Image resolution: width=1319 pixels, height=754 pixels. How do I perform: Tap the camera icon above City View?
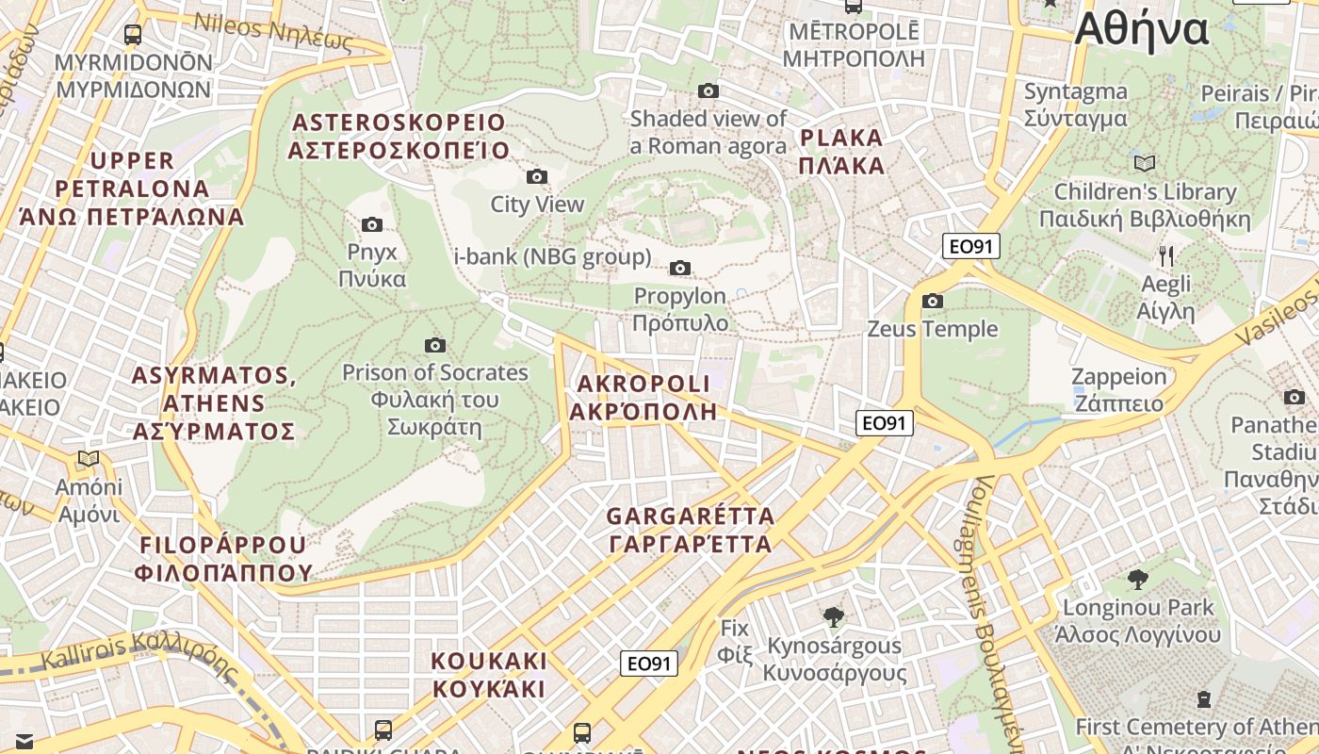(x=537, y=176)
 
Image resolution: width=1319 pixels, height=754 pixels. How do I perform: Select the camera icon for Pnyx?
(x=372, y=224)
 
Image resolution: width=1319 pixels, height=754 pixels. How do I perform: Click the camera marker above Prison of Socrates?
(x=434, y=345)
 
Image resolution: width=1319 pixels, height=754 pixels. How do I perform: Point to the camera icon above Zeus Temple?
(x=933, y=302)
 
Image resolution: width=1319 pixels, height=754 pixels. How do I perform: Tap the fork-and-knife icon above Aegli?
(x=1166, y=255)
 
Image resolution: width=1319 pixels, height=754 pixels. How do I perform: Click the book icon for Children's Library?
(x=1145, y=163)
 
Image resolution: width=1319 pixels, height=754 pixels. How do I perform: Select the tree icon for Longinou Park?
(x=1137, y=579)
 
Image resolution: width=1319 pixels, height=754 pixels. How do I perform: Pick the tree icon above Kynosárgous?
(x=833, y=617)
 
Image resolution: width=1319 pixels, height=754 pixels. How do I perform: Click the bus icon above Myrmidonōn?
(x=133, y=35)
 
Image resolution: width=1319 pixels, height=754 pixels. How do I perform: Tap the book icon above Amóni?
(x=89, y=459)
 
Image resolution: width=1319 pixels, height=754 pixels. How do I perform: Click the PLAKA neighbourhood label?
(x=841, y=152)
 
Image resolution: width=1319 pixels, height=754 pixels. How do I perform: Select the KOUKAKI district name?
(x=489, y=674)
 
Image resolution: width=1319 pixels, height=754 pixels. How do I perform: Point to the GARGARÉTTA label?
(x=691, y=530)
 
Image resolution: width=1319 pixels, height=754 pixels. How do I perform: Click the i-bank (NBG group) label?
(x=552, y=256)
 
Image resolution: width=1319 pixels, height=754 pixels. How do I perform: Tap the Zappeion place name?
(x=1118, y=389)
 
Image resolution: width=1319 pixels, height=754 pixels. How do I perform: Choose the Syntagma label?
(x=1075, y=105)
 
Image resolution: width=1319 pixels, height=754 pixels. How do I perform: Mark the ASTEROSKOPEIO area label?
(x=399, y=137)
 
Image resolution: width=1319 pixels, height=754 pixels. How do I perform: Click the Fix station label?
(x=734, y=640)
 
